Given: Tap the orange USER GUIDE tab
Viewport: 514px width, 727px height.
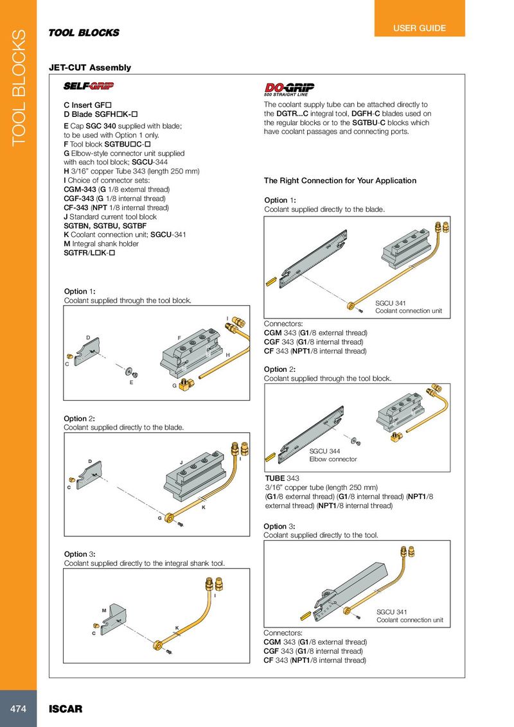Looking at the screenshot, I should (x=420, y=28).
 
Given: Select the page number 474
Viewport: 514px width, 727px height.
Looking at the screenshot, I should (x=17, y=708).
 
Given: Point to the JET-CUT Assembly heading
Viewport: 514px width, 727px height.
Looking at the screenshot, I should (x=90, y=67).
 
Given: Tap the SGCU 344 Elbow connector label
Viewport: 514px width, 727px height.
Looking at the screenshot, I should (x=333, y=455).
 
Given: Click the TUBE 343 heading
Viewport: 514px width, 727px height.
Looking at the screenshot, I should (x=282, y=478).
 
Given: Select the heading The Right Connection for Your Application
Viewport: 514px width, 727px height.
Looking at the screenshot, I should (x=340, y=180).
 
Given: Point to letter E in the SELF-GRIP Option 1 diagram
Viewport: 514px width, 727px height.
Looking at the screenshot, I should (x=130, y=382).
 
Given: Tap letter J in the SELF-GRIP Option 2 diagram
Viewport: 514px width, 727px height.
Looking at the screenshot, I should (x=182, y=462).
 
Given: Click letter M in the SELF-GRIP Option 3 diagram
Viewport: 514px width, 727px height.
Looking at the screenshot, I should (x=103, y=609).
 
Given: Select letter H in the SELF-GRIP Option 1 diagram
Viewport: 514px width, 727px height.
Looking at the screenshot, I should (x=227, y=355).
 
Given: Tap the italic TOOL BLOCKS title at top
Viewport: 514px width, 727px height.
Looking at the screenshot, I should (x=84, y=33).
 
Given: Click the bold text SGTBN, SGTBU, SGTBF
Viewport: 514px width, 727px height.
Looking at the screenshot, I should (x=102, y=225).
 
